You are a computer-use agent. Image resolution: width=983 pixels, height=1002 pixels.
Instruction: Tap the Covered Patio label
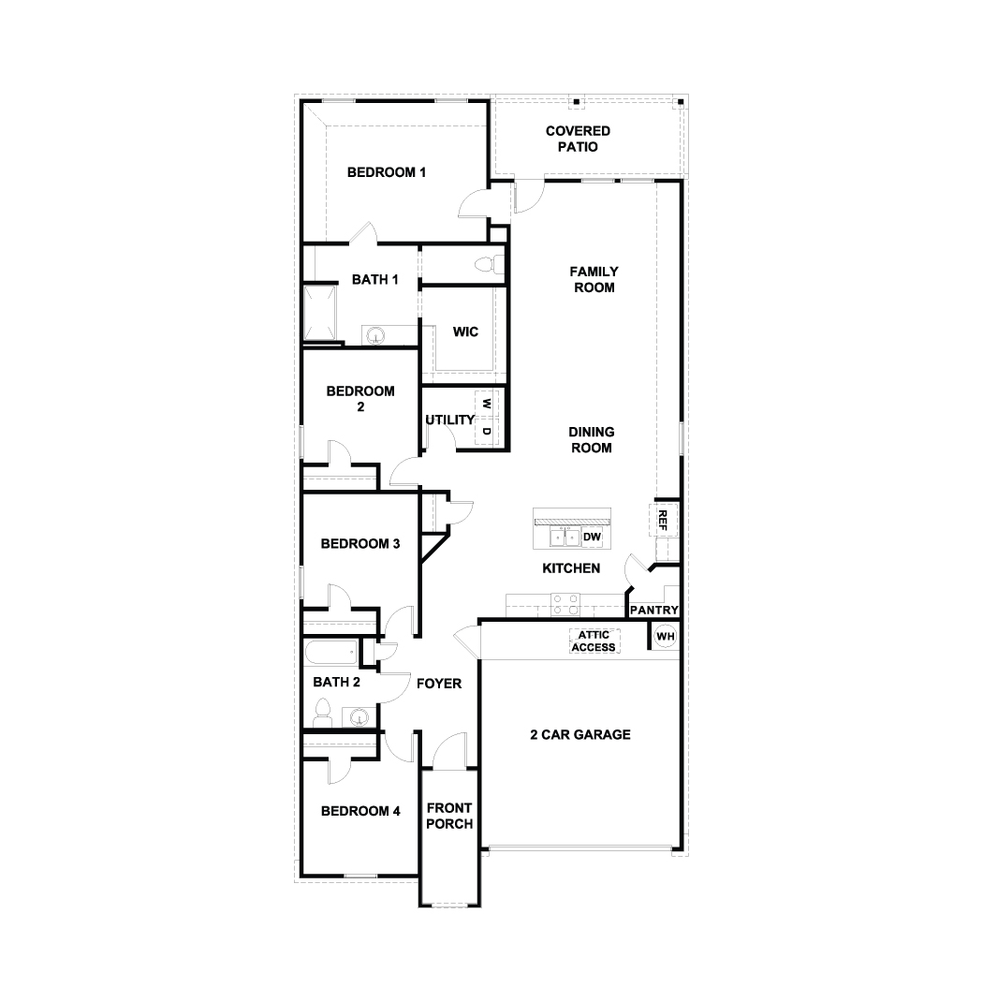[578, 139]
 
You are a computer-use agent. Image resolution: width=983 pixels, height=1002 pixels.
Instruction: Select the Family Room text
[594, 279]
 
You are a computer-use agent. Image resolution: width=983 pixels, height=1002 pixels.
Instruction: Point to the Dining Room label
[592, 439]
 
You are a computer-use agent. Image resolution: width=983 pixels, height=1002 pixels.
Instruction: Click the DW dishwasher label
[592, 537]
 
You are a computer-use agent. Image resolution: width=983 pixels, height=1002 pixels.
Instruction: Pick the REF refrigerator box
[662, 520]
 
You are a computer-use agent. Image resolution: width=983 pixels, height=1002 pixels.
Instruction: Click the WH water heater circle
[665, 637]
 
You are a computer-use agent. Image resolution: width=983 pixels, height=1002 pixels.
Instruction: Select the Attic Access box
[594, 641]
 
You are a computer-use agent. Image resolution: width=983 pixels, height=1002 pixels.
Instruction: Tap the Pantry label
[653, 611]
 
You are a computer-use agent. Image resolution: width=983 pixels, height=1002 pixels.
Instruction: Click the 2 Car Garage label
[580, 735]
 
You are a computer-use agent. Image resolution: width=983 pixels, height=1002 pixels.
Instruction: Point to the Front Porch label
[449, 816]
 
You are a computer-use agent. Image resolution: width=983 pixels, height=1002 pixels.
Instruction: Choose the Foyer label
[439, 684]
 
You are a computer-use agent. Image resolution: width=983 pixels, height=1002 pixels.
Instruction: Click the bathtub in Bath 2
[331, 650]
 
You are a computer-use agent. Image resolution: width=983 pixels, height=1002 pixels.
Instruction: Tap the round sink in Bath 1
[376, 335]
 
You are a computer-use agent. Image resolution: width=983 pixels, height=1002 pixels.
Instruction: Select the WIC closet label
[465, 332]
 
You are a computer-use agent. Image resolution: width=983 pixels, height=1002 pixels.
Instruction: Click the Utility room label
[449, 420]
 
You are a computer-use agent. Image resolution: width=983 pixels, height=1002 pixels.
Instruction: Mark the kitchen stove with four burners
[565, 604]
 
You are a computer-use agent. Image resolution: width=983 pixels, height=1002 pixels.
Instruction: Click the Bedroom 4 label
[360, 811]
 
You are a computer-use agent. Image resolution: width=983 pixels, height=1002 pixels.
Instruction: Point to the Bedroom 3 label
[360, 543]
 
